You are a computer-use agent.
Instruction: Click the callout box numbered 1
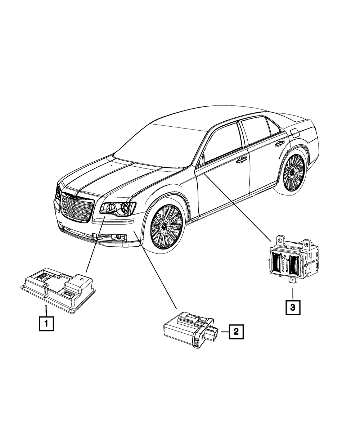pos(46,323)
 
